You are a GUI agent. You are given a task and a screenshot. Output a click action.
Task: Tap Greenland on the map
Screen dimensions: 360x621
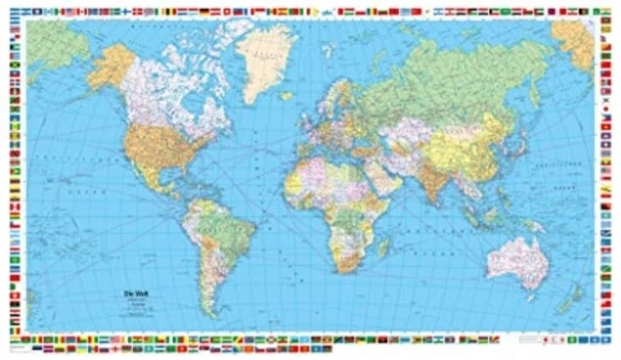[264, 60]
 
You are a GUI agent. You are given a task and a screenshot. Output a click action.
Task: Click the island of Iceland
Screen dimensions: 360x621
[290, 84]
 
